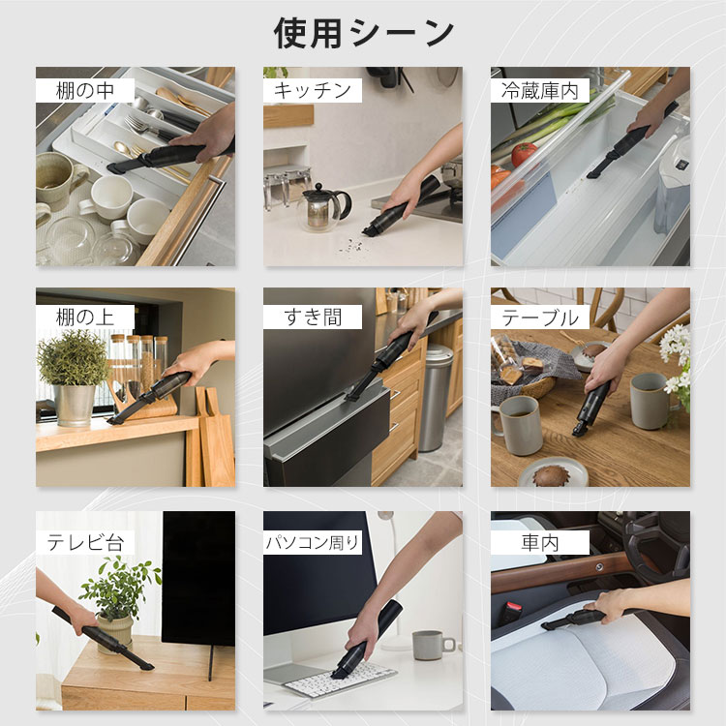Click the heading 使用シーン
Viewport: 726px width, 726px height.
(x=363, y=33)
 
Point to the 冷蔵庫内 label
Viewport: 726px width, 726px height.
(x=539, y=91)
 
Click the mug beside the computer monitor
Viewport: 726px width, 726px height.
(x=427, y=645)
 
